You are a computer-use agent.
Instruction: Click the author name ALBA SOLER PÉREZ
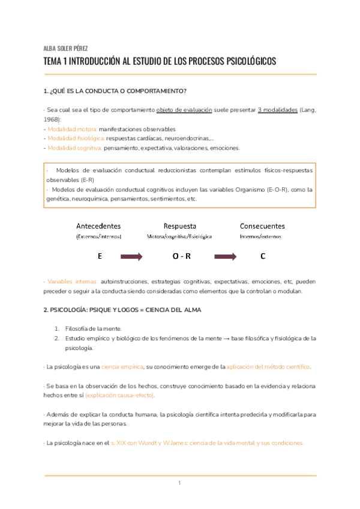click(65, 49)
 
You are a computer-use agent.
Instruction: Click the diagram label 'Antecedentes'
click(98, 226)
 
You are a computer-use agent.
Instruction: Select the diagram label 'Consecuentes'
click(262, 226)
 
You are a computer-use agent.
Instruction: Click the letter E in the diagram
click(100, 256)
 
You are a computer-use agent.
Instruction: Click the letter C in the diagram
click(262, 256)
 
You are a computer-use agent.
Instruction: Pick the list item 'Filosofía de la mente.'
click(93, 328)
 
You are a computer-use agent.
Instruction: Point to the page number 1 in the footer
click(179, 483)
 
